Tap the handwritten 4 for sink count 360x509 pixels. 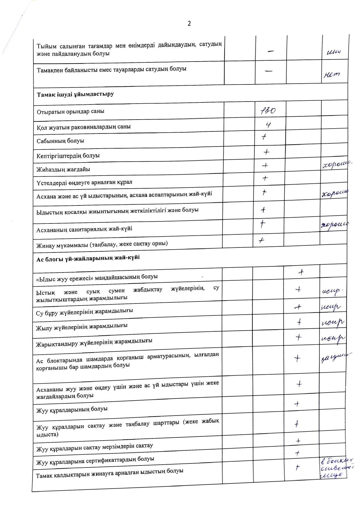tap(269, 125)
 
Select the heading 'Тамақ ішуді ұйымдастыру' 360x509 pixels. tap(75, 94)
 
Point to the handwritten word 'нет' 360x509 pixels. tap(331, 74)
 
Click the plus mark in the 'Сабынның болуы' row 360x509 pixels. tap(264, 138)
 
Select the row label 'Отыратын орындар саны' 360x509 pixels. tap(70, 111)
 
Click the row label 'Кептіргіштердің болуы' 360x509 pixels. tap(68, 156)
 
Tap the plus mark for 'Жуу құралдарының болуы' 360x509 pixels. tap(297, 404)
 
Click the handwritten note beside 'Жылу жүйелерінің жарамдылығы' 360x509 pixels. tap(333, 322)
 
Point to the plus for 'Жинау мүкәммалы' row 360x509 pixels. tap(261, 240)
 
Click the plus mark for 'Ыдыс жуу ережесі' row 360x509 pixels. tap(301, 272)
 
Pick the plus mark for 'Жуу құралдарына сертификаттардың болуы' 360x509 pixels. tap(297, 453)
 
